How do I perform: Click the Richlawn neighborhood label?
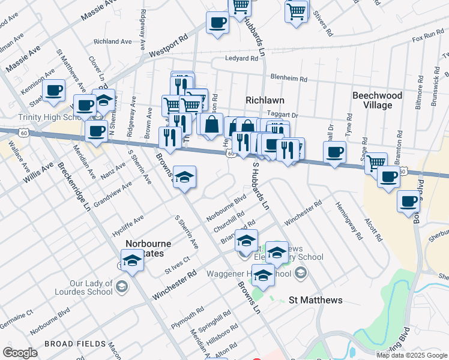point(264,100)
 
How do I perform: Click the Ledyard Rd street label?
point(241,58)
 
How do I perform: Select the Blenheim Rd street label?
point(289,79)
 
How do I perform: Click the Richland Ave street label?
point(112,42)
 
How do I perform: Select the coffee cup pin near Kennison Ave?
point(54,90)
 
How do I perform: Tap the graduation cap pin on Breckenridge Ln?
point(132,260)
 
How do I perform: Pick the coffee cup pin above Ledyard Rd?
point(217,23)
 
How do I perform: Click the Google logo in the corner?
point(20,353)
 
